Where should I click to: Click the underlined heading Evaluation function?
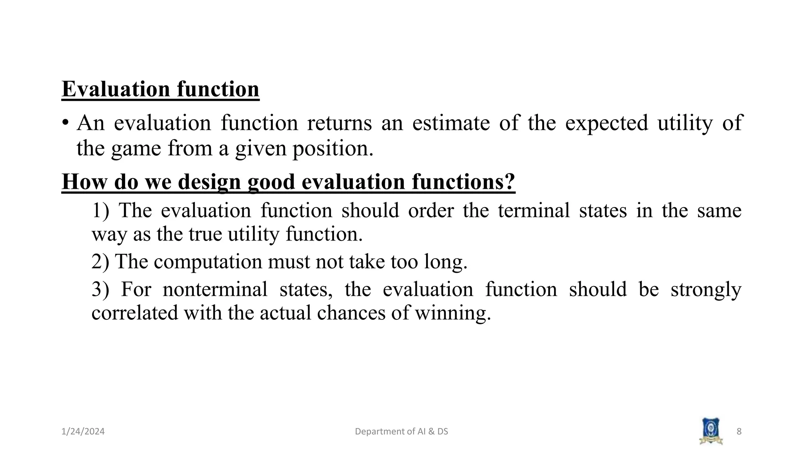tap(160, 89)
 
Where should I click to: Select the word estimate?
tap(451, 123)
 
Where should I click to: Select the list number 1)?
tap(100, 210)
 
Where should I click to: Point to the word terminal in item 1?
tap(534, 210)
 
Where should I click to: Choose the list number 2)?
tap(100, 261)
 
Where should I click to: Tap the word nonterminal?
tap(215, 290)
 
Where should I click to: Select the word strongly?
tap(706, 290)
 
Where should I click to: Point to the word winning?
tap(452, 313)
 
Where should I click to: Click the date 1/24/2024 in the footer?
tap(83, 432)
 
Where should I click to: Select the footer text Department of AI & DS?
tap(401, 432)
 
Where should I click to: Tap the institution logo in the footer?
tap(711, 431)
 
